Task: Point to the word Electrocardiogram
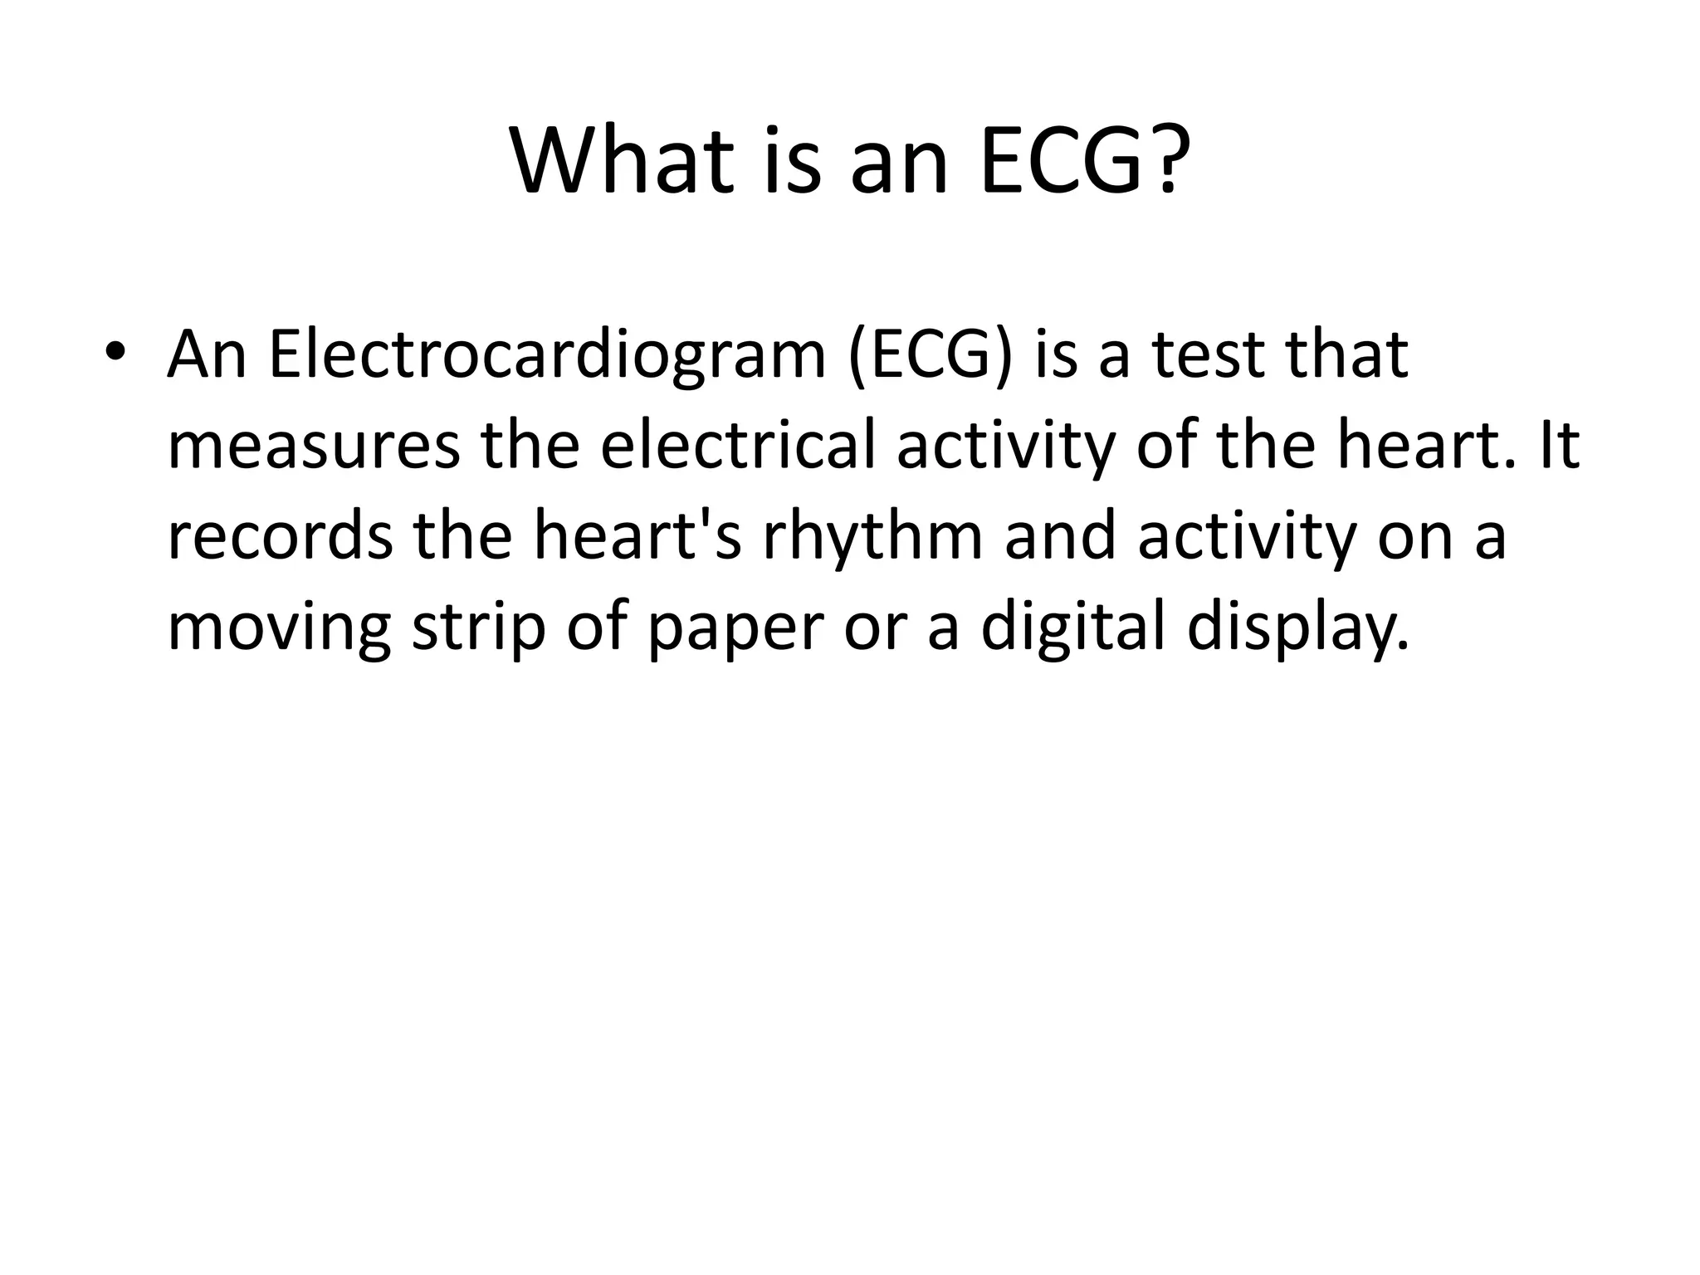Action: coord(547,355)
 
